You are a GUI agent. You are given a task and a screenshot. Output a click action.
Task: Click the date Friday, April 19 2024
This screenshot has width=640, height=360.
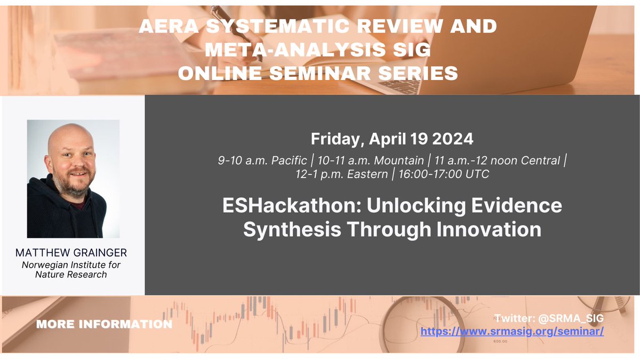click(x=392, y=139)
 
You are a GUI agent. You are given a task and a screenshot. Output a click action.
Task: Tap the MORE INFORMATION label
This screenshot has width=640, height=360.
click(x=104, y=324)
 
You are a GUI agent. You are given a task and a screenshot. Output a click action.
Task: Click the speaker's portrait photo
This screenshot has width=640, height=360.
click(x=73, y=178)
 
